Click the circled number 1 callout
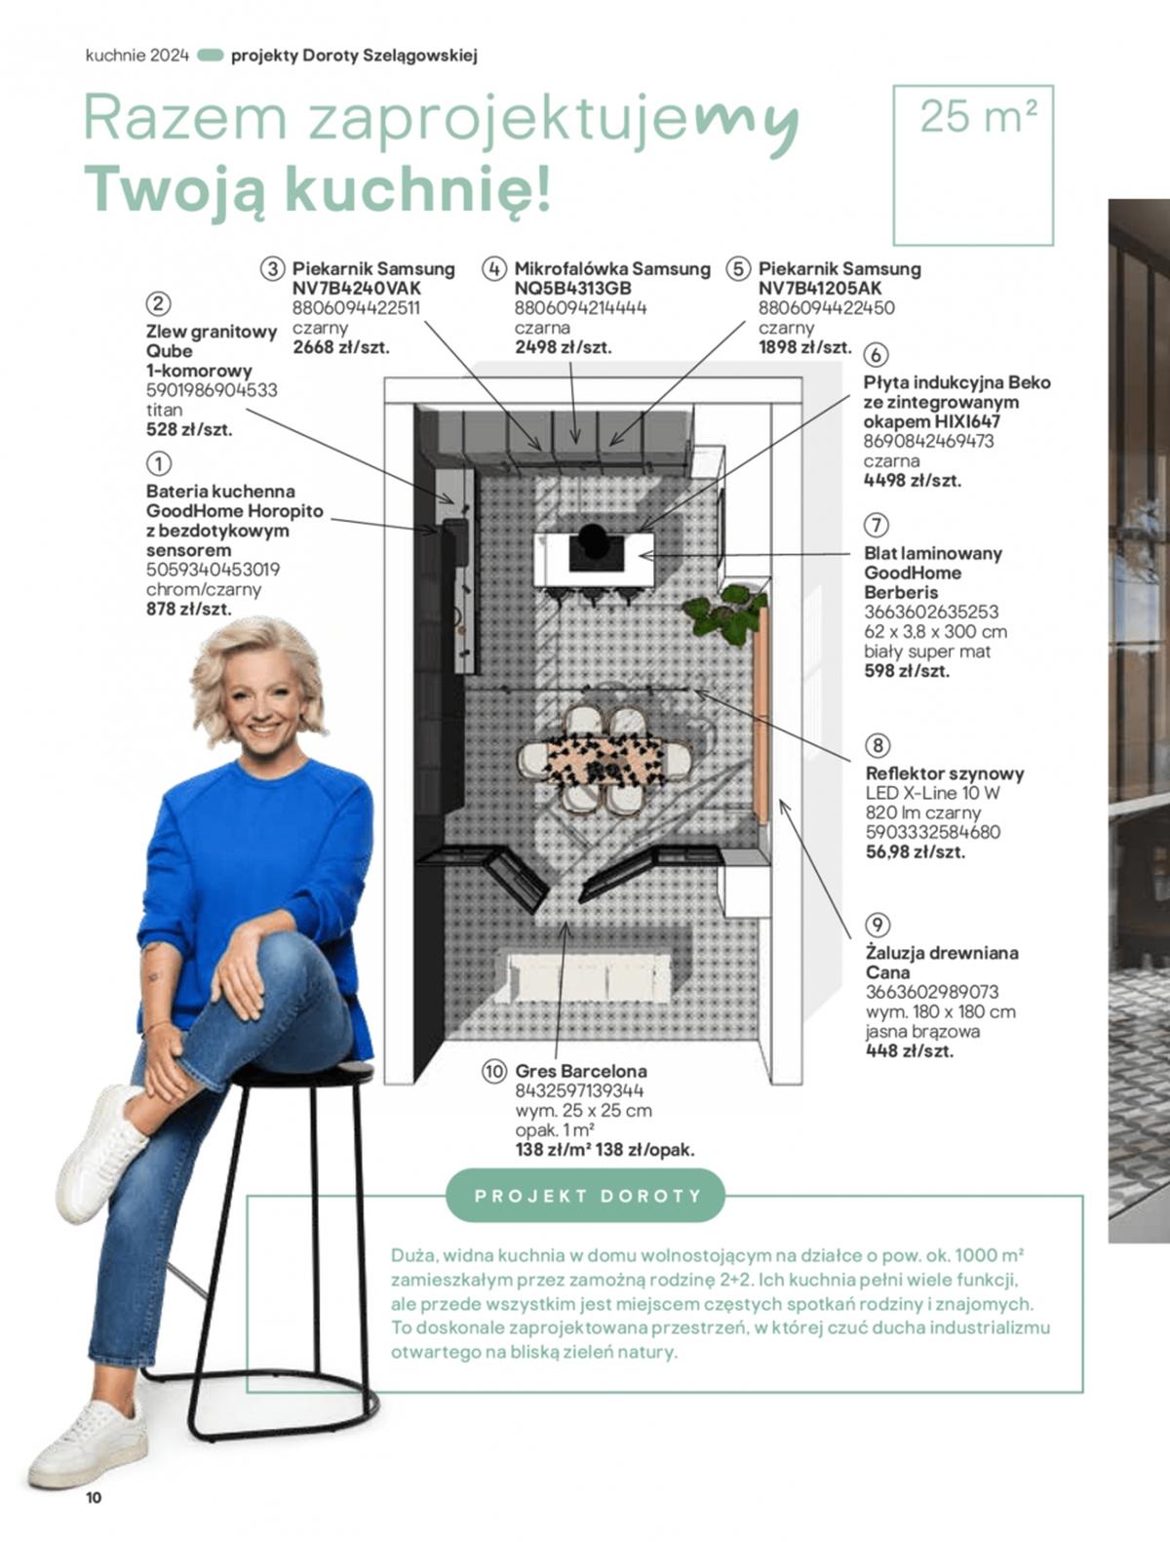tap(159, 463)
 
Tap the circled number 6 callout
tap(876, 355)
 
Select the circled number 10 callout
tap(493, 1071)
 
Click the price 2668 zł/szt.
tap(340, 347)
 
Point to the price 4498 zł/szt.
tap(913, 481)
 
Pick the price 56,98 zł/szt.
tap(916, 852)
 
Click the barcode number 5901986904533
tap(212, 390)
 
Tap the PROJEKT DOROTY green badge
tap(586, 1197)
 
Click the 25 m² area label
tap(978, 117)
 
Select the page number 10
tap(94, 1498)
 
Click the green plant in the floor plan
tap(724, 614)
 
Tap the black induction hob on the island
tap(596, 546)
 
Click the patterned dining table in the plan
tap(605, 760)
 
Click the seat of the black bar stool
tap(302, 1074)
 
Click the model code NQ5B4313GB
tap(573, 288)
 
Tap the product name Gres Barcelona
tap(581, 1071)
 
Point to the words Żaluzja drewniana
tap(942, 953)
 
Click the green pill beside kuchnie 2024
tap(210, 56)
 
